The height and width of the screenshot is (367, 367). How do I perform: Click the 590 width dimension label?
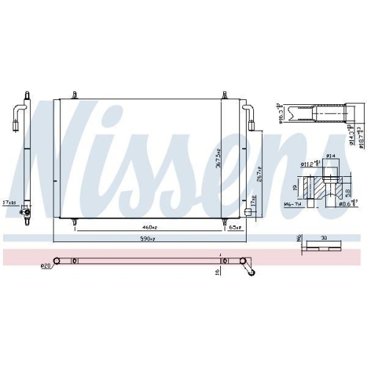pos(148,239)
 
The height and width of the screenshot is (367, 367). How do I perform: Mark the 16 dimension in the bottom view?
pos(218,272)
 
